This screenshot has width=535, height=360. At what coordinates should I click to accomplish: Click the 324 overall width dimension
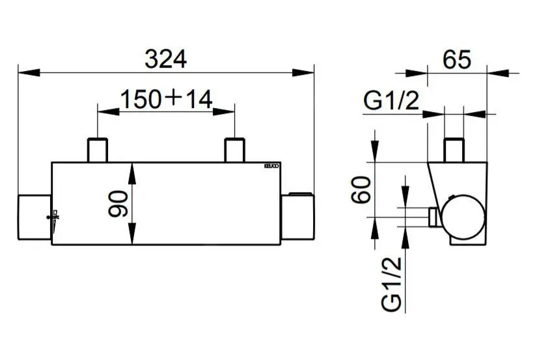tap(165, 59)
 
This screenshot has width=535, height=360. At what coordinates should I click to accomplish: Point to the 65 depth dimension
tap(456, 60)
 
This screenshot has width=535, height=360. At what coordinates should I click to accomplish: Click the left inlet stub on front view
tap(98, 150)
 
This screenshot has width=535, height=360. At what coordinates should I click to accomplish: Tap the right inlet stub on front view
tap(234, 150)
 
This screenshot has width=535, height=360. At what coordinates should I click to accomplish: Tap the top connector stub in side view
tap(454, 150)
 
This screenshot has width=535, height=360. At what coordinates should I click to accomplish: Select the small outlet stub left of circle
tap(432, 218)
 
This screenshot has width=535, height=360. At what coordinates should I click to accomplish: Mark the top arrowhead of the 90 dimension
tap(133, 167)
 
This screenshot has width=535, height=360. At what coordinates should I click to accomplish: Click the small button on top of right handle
tap(300, 193)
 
